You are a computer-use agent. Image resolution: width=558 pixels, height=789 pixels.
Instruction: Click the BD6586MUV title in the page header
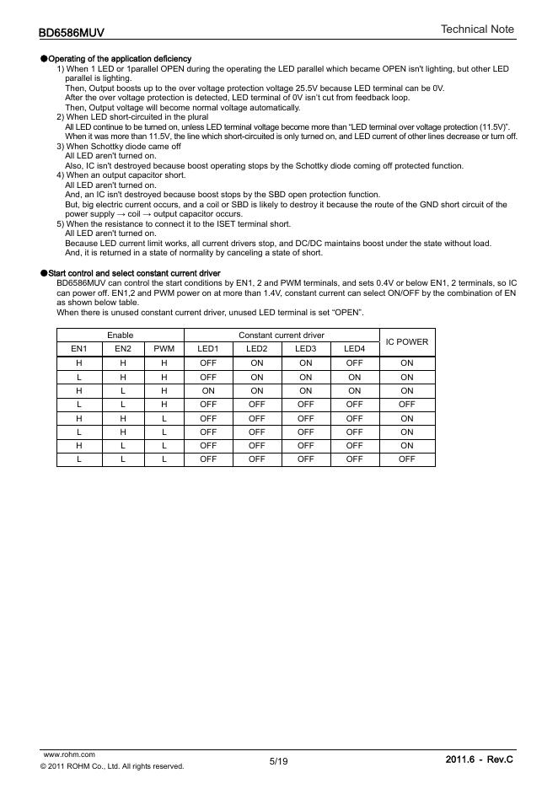[x=72, y=33]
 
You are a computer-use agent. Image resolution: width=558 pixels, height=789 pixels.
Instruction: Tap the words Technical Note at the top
[x=477, y=30]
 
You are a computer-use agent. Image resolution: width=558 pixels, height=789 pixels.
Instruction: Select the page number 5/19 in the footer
[x=278, y=761]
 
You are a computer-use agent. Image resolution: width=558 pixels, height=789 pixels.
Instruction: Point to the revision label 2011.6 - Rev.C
[x=479, y=760]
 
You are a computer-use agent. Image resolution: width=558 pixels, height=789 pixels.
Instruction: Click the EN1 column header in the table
[x=78, y=348]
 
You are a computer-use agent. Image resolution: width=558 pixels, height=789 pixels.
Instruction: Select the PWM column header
[x=164, y=348]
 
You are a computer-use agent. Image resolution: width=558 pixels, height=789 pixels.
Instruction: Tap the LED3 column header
[x=306, y=348]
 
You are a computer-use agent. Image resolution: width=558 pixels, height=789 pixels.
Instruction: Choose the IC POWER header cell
[x=407, y=342]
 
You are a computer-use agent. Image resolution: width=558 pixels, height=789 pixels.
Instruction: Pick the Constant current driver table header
[x=282, y=335]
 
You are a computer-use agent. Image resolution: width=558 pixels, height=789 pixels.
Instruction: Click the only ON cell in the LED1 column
[x=208, y=391]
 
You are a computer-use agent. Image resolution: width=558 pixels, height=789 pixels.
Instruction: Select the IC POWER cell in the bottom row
[x=407, y=459]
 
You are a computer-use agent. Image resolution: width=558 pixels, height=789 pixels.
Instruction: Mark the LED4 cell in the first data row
[x=355, y=363]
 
